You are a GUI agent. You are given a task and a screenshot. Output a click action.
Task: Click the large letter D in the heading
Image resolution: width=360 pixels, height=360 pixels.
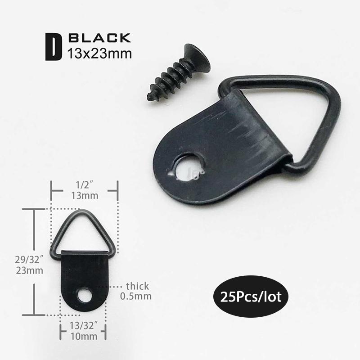(x=53, y=47)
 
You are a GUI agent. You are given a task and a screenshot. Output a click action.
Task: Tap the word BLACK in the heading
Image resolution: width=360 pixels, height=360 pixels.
(x=99, y=38)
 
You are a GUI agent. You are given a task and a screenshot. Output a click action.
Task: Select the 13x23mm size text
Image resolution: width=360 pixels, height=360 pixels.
(x=99, y=54)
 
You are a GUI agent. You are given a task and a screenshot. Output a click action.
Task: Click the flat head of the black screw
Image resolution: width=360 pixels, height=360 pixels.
(x=198, y=58)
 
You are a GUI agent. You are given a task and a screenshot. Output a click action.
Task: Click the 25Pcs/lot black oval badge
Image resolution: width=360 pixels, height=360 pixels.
(x=251, y=297)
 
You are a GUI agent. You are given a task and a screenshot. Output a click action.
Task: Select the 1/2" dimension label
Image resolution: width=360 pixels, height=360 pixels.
(x=85, y=185)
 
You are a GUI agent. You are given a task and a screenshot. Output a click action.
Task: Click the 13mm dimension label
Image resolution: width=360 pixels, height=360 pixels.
(x=85, y=196)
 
